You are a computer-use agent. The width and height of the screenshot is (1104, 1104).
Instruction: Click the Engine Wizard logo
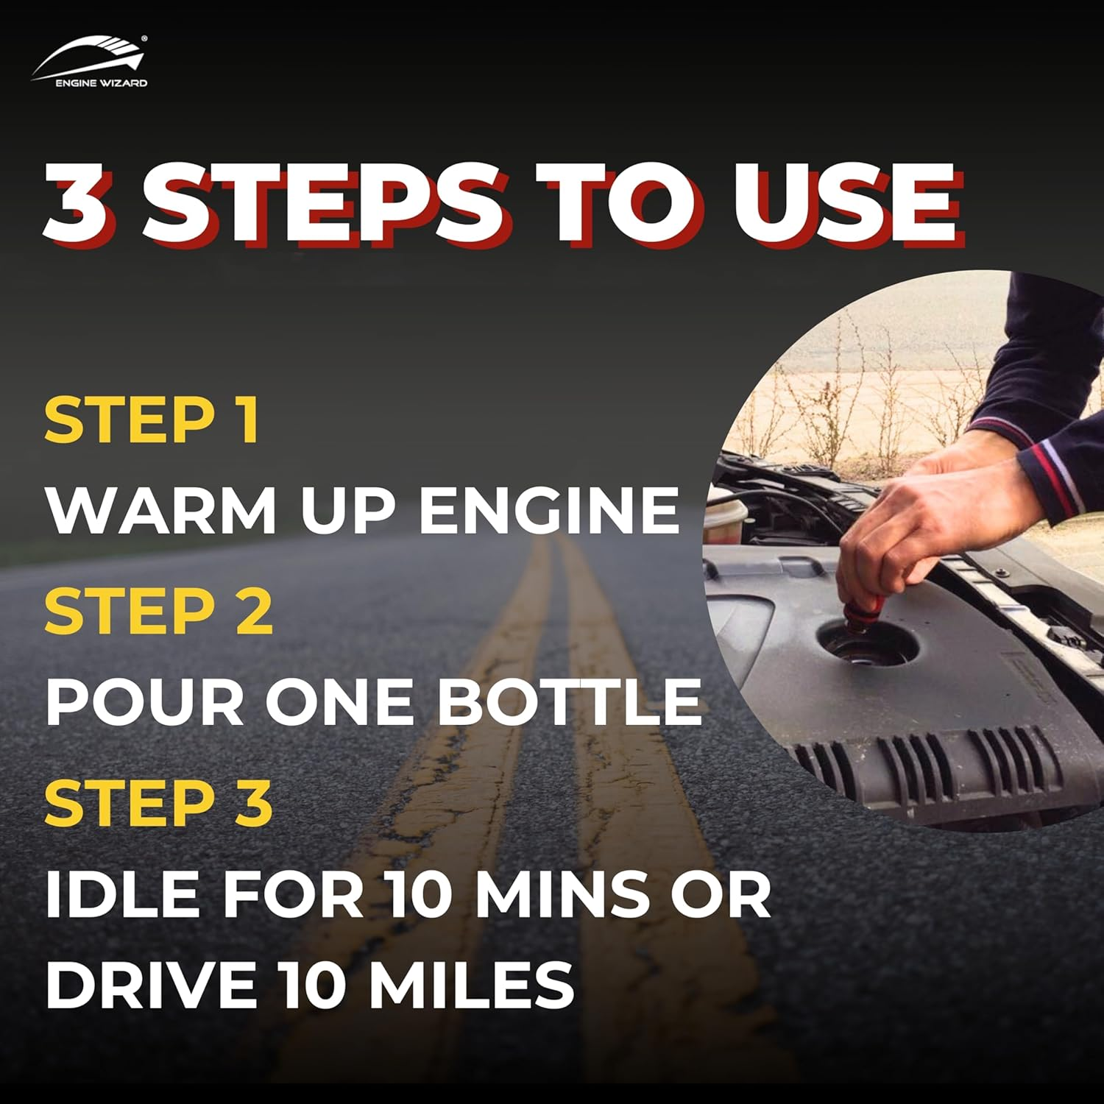(x=89, y=62)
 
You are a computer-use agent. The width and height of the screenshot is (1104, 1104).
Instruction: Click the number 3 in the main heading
(x=81, y=203)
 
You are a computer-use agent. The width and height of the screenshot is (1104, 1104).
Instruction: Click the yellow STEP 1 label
(x=152, y=420)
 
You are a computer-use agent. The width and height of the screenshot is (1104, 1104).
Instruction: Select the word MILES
(x=471, y=984)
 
